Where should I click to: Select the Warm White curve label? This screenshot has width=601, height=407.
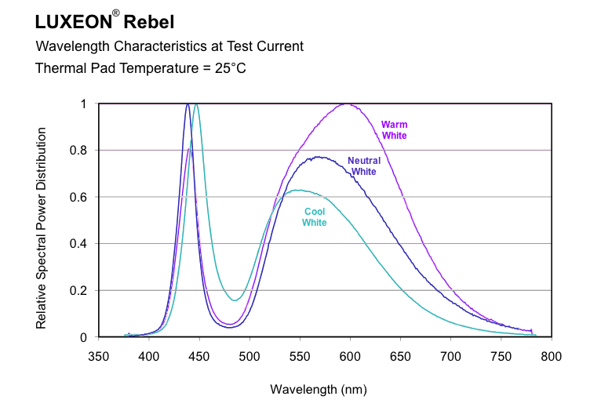394,130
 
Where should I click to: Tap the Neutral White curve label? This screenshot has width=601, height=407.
364,166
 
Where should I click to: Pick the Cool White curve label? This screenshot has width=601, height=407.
315,216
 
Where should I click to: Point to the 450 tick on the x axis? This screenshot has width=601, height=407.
199,356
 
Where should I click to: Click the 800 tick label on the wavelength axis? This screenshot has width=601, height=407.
552,356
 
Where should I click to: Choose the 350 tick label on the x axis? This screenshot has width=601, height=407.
99,356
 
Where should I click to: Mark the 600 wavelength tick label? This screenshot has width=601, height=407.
351,356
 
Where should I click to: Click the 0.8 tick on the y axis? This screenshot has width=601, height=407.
82,151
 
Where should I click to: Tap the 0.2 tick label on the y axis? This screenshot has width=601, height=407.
82,290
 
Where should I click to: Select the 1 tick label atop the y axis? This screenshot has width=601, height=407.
85,104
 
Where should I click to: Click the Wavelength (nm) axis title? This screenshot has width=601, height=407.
319,389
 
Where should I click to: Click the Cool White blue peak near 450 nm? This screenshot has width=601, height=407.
195,104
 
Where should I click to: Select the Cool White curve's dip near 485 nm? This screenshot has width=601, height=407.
235,300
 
